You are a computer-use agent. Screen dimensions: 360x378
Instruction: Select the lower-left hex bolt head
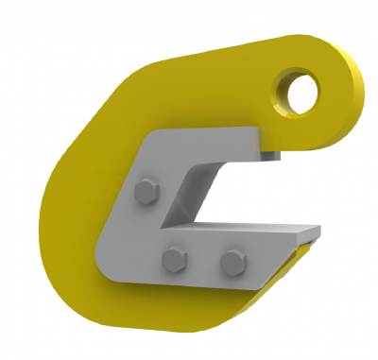point(173,257)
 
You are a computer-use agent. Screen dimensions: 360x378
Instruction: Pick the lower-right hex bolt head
point(231,260)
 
